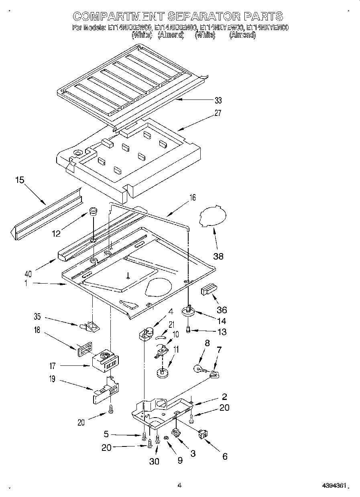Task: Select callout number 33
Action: [x=218, y=101]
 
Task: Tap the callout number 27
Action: [x=218, y=114]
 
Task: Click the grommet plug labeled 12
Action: [x=94, y=211]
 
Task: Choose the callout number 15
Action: [x=20, y=180]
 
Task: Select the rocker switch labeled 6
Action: [x=203, y=434]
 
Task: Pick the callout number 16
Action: [x=193, y=197]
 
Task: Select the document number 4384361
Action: [x=334, y=486]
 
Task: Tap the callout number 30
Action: [x=154, y=462]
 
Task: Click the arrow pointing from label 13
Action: [x=205, y=331]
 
